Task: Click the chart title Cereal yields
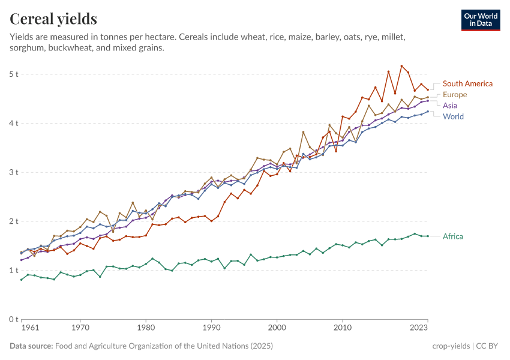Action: [x=53, y=19]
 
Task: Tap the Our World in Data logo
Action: [x=481, y=20]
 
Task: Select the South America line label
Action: [x=467, y=84]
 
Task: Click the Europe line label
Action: [x=455, y=95]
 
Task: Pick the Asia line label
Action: [x=450, y=106]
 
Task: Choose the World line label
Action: [x=453, y=116]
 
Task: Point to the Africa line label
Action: [x=453, y=236]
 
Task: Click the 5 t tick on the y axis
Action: [x=14, y=74]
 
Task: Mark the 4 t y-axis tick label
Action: [x=14, y=124]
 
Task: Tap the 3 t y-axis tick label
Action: [x=14, y=173]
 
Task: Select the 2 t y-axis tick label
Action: [x=14, y=221]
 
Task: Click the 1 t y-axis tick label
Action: [x=14, y=271]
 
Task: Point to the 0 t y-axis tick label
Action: [x=14, y=320]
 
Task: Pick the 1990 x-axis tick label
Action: [x=211, y=329]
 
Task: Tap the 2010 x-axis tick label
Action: [x=342, y=329]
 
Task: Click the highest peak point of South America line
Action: [x=401, y=66]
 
